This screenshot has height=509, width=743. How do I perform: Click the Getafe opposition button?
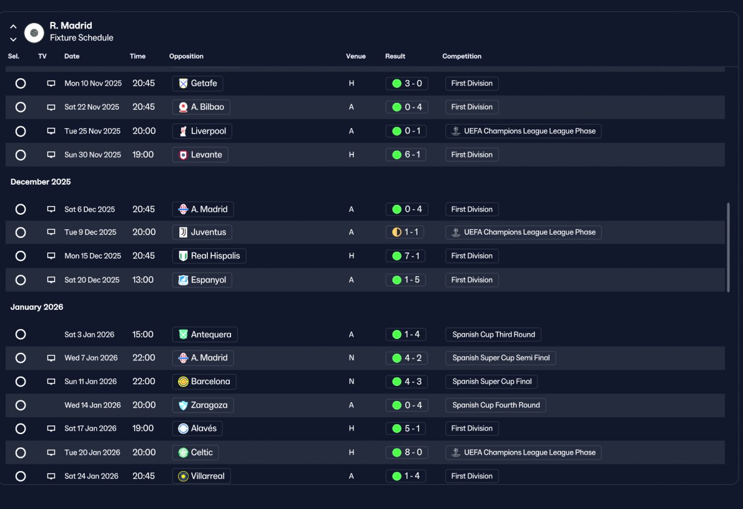coord(197,83)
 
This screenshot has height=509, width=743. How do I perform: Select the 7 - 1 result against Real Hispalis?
coord(405,256)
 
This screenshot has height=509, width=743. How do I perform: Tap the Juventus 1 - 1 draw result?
coord(405,232)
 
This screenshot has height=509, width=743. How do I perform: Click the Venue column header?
coord(356,56)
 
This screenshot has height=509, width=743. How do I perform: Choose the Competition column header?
coord(461,56)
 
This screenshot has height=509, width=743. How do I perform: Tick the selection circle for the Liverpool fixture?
coord(20,131)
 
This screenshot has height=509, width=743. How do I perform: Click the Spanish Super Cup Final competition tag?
coord(492,381)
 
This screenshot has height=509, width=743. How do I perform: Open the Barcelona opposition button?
coord(204,381)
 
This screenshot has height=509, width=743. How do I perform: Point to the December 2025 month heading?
coord(41,182)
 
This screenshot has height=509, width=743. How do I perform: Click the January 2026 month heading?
coord(37,306)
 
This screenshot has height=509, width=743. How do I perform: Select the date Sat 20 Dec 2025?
coord(92,280)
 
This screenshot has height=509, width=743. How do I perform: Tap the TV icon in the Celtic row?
coord(51,452)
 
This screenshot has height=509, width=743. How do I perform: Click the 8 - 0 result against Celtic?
coord(407,452)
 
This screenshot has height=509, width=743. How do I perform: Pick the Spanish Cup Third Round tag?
coord(493,334)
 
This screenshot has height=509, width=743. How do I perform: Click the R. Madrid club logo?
coord(34,33)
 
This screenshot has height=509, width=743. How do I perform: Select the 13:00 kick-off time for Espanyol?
coord(143,280)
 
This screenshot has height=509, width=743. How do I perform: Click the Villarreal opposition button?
coord(201,476)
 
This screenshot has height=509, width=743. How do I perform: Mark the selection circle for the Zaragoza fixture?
coord(20,405)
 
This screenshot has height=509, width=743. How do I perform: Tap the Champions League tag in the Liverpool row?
coord(524,131)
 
